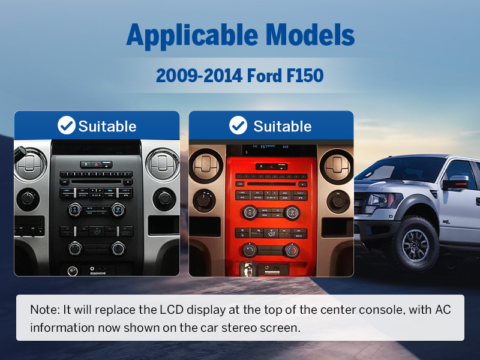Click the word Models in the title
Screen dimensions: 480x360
coord(310,34)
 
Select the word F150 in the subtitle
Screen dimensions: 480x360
coord(305,76)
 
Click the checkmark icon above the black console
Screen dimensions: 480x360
coord(67,125)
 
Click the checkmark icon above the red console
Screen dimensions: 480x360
coord(238,125)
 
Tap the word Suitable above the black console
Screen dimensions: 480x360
coord(107,127)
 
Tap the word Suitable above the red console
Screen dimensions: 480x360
coord(282,127)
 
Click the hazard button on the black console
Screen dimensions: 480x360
coord(96,164)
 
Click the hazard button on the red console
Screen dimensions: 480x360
coord(271,167)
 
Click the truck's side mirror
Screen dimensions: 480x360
coord(456,182)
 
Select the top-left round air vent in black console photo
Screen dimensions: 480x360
coord(31,164)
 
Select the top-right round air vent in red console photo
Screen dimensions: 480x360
coord(337,166)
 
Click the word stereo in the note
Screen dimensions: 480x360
coord(239,328)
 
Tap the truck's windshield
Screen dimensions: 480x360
coord(403,169)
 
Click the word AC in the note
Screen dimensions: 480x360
coord(443,310)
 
